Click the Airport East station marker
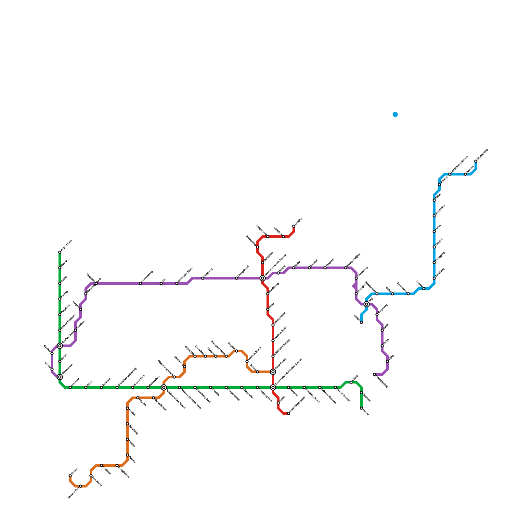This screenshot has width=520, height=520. tap(60, 252)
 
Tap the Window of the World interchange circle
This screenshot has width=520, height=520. tap(164, 387)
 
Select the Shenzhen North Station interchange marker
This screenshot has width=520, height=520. tap(263, 278)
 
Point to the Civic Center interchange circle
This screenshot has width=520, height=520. tap(273, 372)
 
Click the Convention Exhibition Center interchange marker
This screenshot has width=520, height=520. tap(273, 387)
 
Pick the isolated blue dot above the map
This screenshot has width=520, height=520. tap(395, 114)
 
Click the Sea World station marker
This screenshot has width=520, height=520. tap(91, 476)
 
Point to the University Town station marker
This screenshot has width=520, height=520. tap(177, 283)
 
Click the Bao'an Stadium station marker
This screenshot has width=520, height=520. tap(60, 330)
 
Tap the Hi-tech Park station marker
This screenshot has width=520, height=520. tap(133, 387)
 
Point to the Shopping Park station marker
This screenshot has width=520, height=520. tap(257, 387)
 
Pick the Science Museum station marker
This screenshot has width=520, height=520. tap(320, 387)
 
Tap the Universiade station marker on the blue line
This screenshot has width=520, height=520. tap(434, 216)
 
